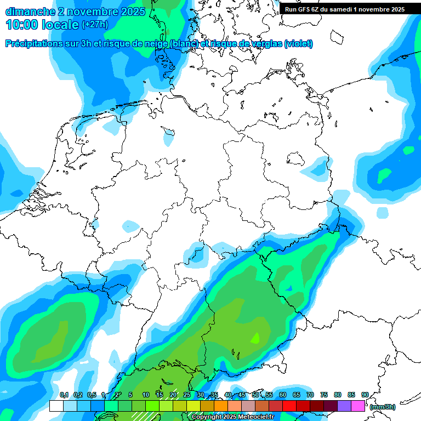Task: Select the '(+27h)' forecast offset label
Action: pos(94,25)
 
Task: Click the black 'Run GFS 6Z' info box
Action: pos(344,9)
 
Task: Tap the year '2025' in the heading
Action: pos(129,11)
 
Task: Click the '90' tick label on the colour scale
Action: pos(365,395)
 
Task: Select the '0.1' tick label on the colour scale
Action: pos(64,395)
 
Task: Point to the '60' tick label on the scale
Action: pos(283,395)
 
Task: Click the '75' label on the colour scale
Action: pos(324,395)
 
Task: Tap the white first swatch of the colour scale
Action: pos(56,406)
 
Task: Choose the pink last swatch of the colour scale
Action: pos(357,406)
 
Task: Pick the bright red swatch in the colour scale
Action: pos(289,406)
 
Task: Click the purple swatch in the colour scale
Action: pos(344,406)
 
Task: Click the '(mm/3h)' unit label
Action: pos(382,407)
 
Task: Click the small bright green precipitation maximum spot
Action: pos(255,338)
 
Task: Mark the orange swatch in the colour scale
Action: pos(220,406)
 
